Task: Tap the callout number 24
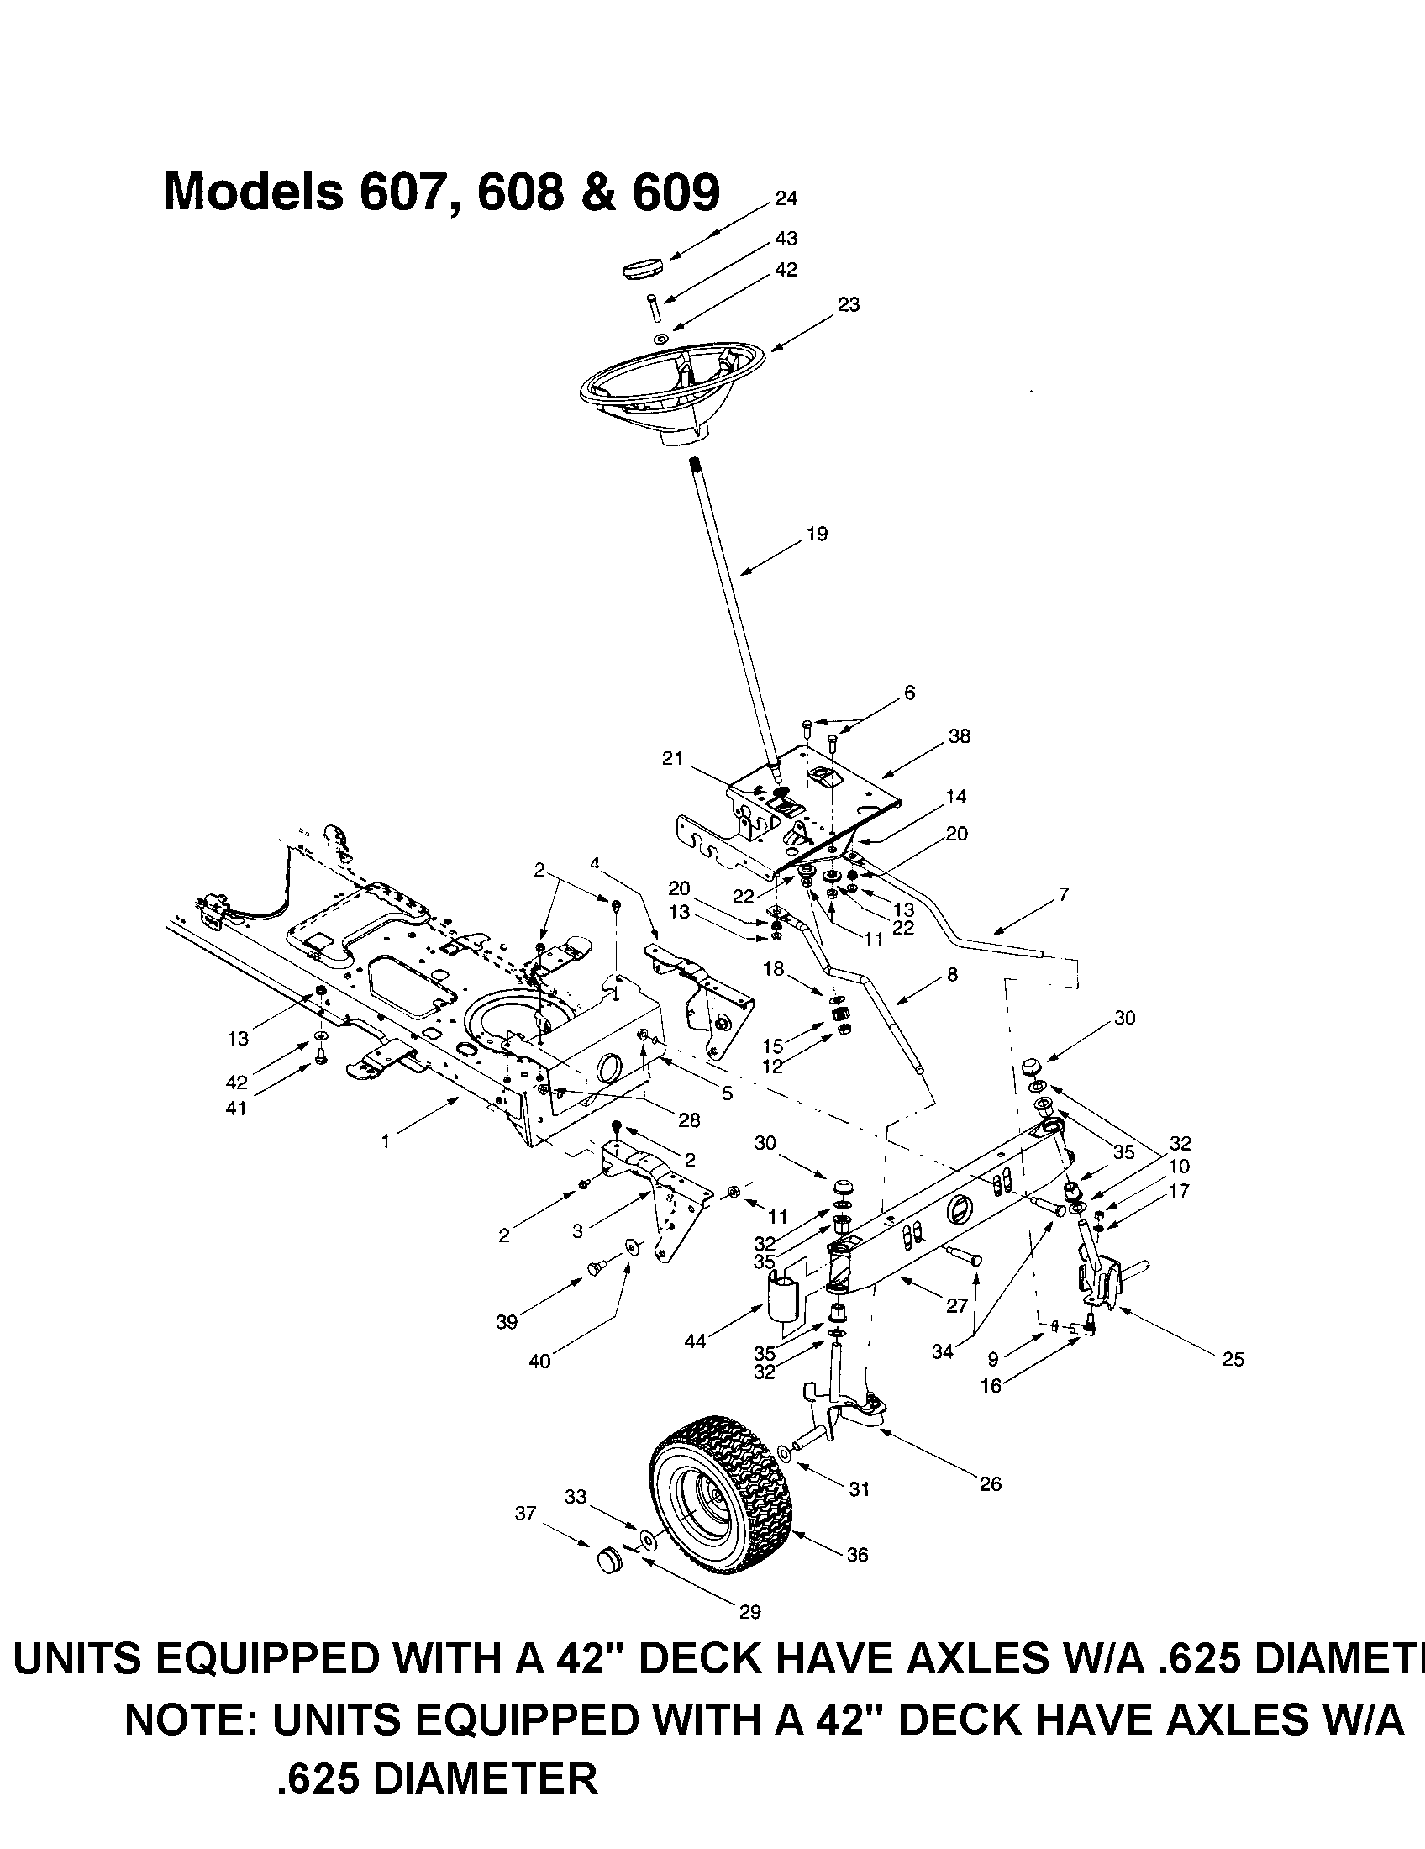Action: (786, 198)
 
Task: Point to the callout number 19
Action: (818, 535)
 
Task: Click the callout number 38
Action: (960, 736)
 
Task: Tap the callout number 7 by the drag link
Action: (1064, 894)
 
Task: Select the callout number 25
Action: (1233, 1360)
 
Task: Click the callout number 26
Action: (990, 1483)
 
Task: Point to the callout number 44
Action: (695, 1341)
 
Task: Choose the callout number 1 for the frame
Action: (386, 1142)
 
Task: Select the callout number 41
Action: (236, 1108)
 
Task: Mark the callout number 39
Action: (507, 1322)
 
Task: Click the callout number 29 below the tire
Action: (749, 1612)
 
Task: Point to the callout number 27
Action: (956, 1305)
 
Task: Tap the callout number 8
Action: (952, 975)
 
